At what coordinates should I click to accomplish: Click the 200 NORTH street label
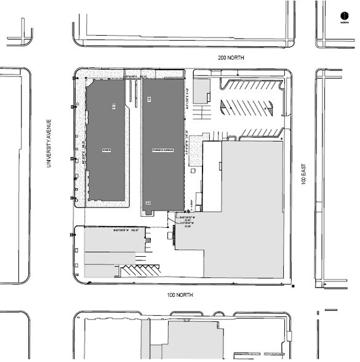click(231, 57)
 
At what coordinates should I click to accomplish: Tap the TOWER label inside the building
click(107, 150)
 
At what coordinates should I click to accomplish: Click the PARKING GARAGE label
click(164, 150)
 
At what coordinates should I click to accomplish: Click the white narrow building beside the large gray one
click(211, 166)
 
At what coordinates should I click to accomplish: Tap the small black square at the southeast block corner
click(294, 286)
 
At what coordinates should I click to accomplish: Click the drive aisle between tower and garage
click(134, 148)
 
